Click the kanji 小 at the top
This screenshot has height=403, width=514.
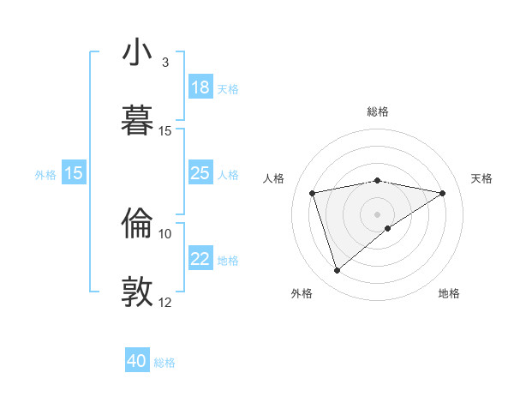point(138,53)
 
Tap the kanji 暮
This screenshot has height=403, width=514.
point(138,121)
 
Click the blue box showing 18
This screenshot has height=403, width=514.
point(200,87)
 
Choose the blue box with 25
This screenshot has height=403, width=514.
point(200,174)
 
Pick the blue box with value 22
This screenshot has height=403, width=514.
point(200,260)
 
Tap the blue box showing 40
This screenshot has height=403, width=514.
point(137,361)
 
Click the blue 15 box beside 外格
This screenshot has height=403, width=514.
point(74,173)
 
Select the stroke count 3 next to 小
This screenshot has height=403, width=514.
point(165,63)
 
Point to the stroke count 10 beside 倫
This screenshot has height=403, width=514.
point(165,233)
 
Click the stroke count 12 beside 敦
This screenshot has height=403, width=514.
point(165,302)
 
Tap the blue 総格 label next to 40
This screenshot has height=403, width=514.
point(164,363)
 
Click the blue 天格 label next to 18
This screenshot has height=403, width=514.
point(228,88)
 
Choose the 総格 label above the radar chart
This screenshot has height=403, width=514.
point(378,111)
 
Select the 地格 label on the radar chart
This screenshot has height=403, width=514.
point(449,293)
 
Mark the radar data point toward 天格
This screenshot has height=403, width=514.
point(443,193)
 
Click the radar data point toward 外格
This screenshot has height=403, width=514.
point(337,271)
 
